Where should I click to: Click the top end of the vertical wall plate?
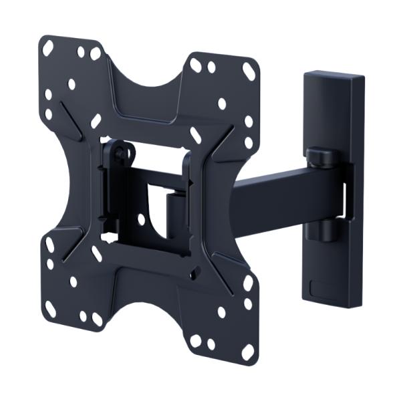tap(334, 76)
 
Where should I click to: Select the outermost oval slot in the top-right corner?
tap(249, 72)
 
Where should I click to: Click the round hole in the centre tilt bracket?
tap(141, 219)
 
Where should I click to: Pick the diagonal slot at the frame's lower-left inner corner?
tap(97, 253)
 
